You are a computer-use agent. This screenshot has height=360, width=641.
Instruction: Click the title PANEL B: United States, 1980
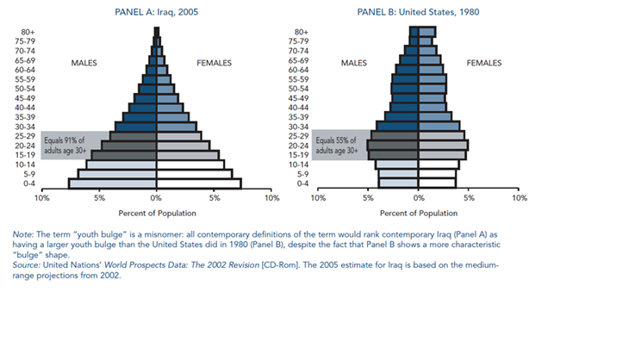click(x=418, y=12)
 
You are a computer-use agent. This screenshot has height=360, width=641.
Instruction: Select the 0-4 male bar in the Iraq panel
click(x=112, y=183)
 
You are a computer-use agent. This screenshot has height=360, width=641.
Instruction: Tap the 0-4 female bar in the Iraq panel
click(x=199, y=183)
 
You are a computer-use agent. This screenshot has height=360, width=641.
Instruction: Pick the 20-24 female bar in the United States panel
click(x=443, y=146)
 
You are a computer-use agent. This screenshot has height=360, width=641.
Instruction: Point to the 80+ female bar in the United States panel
click(x=426, y=32)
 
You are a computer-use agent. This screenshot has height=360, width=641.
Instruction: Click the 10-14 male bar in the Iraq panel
click(x=121, y=164)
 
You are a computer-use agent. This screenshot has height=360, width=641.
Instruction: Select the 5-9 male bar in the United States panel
click(x=398, y=173)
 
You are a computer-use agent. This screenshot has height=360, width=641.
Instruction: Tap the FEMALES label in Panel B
click(x=484, y=63)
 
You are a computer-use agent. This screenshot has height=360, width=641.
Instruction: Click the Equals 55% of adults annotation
click(x=338, y=146)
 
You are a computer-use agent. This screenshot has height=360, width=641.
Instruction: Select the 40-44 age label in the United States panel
click(x=298, y=108)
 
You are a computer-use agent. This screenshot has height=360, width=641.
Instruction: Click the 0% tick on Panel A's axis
click(x=157, y=198)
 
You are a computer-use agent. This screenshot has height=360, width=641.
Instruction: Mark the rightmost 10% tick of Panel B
click(x=519, y=198)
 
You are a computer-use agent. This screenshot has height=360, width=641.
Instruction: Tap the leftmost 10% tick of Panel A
click(x=41, y=198)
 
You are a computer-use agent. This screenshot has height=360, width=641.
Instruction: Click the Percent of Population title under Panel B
click(x=419, y=213)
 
